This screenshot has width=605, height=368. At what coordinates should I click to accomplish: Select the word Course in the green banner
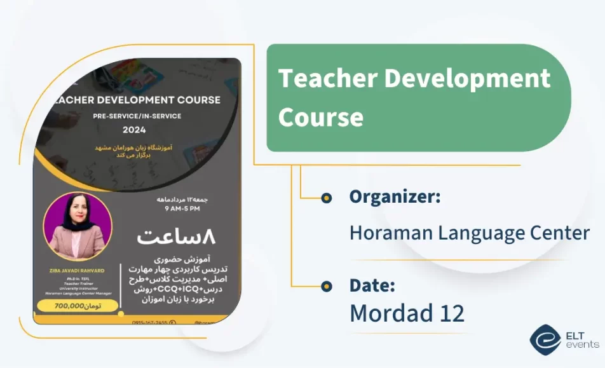tap(321, 117)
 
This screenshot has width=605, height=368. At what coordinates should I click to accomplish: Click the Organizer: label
tap(395, 197)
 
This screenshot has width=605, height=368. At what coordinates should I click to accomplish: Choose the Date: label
tap(372, 285)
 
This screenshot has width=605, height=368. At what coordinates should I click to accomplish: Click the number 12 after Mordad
tap(450, 313)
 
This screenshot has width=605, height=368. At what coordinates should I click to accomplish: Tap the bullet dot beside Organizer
tap(327, 198)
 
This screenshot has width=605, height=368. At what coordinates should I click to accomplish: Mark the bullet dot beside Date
tap(327, 286)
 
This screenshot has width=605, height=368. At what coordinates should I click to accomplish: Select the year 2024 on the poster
tap(134, 130)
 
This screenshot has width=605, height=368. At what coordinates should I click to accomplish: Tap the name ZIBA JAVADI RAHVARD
tap(77, 269)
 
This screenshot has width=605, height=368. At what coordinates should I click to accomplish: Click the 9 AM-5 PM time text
tap(182, 208)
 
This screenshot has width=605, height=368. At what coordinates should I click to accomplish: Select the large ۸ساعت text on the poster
tap(176, 237)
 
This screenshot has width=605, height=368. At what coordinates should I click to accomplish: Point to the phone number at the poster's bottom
tap(149, 322)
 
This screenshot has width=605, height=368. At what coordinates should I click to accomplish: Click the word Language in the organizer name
tap(480, 233)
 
